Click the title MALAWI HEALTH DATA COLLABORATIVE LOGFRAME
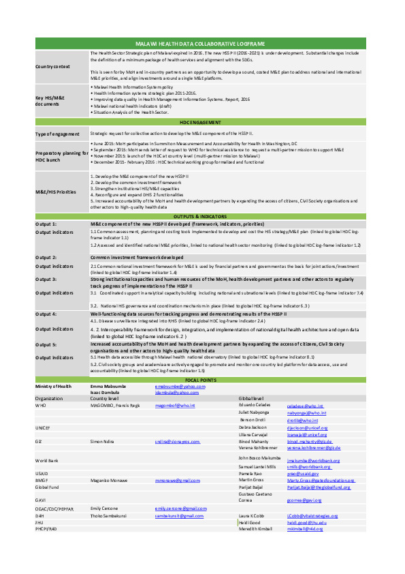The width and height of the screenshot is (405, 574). click(x=201, y=43)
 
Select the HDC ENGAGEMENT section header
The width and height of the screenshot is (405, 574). click(x=201, y=121)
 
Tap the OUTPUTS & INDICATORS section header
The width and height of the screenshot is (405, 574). click(x=201, y=216)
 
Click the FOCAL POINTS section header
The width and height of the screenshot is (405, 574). click(x=201, y=380)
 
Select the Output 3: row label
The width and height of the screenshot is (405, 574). click(x=46, y=280)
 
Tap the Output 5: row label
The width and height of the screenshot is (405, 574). click(x=46, y=345)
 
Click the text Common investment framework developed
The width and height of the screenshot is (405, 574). click(x=137, y=257)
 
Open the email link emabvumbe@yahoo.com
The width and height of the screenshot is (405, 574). click(x=180, y=387)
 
